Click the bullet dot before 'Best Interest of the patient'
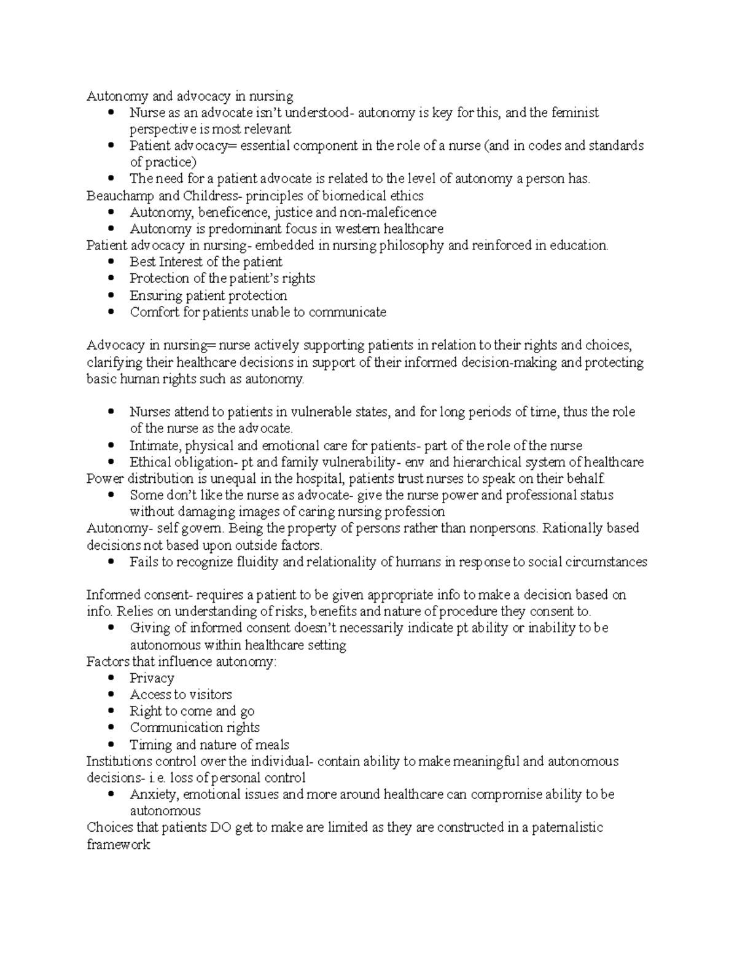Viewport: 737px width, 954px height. point(111,262)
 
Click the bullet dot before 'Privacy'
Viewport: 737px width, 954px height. point(111,678)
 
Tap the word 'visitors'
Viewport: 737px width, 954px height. point(211,695)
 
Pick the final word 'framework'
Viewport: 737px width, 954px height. point(119,845)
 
